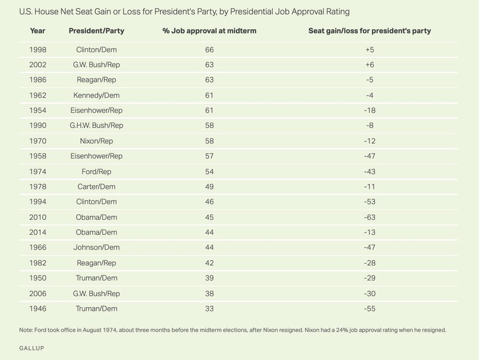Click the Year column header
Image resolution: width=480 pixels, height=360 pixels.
(x=38, y=31)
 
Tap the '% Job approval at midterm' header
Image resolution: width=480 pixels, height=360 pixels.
(x=210, y=31)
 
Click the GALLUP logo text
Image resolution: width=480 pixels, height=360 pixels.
(x=31, y=348)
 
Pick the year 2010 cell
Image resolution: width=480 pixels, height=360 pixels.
(x=38, y=217)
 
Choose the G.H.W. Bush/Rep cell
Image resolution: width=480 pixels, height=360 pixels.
(x=97, y=125)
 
